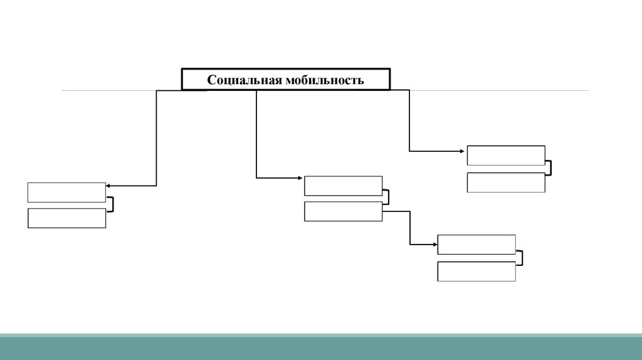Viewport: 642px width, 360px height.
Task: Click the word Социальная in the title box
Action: (x=245, y=80)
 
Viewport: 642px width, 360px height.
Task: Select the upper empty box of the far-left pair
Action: (x=66, y=193)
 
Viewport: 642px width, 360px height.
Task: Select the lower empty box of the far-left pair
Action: (x=66, y=218)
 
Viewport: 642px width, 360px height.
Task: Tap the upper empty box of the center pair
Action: (x=343, y=186)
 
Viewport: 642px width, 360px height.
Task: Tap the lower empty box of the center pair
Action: (x=343, y=211)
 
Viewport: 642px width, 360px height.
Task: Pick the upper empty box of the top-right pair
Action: (x=506, y=156)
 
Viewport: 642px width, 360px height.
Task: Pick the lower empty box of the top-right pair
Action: (x=506, y=183)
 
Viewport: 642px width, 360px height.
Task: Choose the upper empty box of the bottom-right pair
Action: (x=476, y=245)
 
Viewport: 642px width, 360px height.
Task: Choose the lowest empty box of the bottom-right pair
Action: (x=476, y=272)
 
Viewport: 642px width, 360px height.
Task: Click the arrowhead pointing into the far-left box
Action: (x=108, y=186)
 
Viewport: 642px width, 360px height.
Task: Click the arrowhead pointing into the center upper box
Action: (x=302, y=179)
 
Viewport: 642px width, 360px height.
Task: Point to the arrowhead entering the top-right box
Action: (x=464, y=151)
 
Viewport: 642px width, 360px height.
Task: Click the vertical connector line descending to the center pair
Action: (x=256, y=135)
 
